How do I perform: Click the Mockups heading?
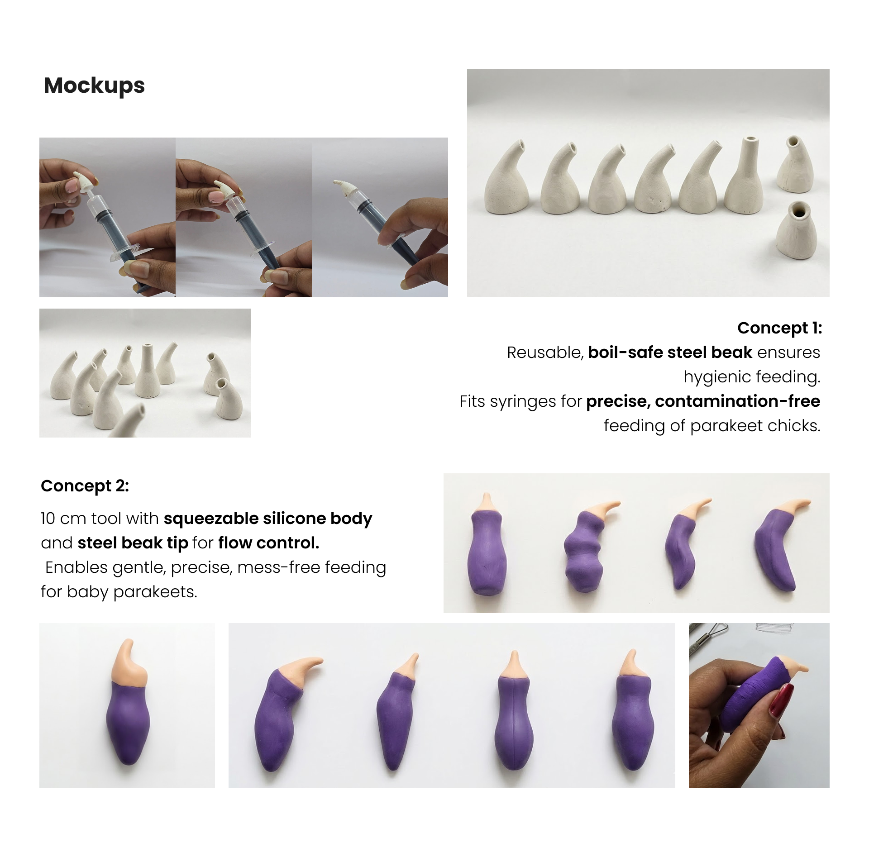(x=94, y=86)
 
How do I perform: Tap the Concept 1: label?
(x=779, y=328)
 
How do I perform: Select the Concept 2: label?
(x=85, y=486)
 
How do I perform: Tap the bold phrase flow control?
(x=269, y=543)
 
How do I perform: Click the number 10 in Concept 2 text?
(x=48, y=519)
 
